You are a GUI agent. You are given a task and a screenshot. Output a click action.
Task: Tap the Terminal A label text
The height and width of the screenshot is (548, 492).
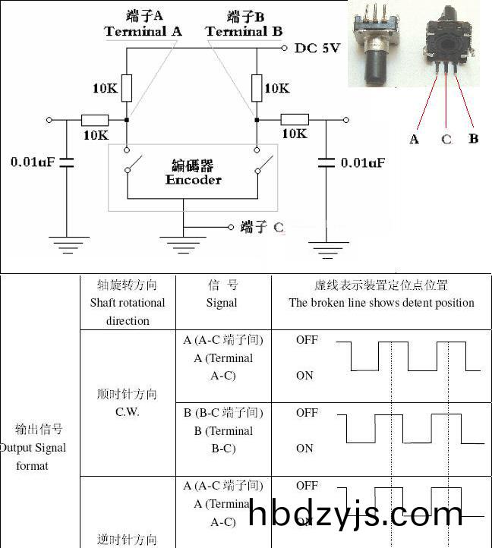click(143, 32)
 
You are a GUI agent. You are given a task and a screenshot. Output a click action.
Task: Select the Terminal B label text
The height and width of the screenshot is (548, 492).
click(244, 32)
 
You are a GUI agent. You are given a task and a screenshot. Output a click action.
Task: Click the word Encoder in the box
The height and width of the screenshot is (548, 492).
click(194, 180)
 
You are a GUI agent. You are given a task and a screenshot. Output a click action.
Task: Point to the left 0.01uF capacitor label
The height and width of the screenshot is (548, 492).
click(33, 162)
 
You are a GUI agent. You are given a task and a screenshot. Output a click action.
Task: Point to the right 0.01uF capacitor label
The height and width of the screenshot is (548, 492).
click(363, 162)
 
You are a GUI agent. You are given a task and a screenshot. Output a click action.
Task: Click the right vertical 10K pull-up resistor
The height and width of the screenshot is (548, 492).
click(257, 88)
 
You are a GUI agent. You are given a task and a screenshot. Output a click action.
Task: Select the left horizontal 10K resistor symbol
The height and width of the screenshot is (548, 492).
click(95, 120)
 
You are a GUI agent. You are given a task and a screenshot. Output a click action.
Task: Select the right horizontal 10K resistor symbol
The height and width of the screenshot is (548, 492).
click(295, 119)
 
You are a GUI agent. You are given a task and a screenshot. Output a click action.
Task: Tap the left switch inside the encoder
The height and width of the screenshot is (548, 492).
click(137, 162)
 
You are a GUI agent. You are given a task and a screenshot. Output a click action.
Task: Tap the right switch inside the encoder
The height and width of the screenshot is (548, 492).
click(265, 162)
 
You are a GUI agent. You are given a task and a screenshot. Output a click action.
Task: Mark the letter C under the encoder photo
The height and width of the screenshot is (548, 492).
click(446, 139)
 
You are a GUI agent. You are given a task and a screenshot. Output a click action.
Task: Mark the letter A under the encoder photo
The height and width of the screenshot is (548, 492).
click(414, 139)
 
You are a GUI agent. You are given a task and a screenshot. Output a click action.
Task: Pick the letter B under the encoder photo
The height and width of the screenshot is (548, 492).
click(474, 139)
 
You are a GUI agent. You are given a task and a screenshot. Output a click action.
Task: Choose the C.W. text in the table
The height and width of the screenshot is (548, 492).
click(128, 412)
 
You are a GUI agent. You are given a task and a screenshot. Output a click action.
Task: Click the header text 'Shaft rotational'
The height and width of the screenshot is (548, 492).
click(128, 303)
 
